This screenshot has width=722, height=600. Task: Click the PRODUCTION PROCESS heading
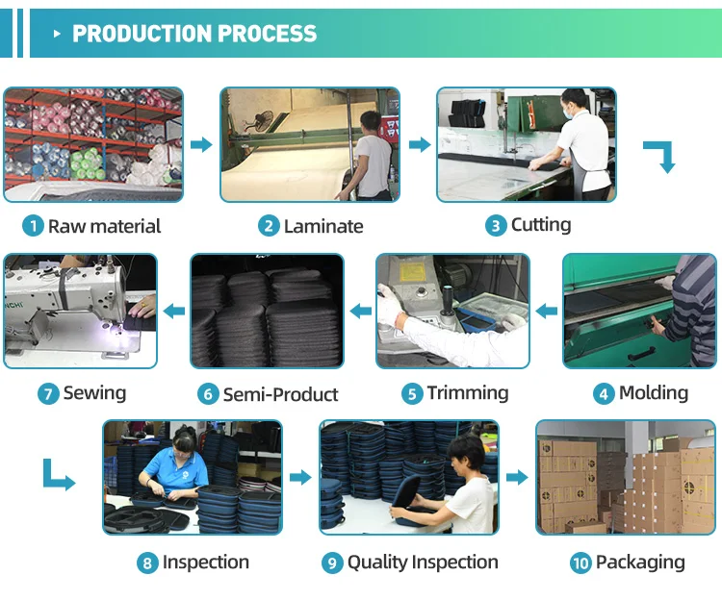(x=194, y=34)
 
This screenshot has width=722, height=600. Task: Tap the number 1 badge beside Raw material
(x=33, y=227)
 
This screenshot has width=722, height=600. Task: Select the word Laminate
(x=323, y=227)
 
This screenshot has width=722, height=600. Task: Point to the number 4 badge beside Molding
(x=605, y=393)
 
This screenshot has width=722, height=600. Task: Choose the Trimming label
(x=468, y=393)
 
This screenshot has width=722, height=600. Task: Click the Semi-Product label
(x=280, y=394)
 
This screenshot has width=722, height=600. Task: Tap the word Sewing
(x=94, y=393)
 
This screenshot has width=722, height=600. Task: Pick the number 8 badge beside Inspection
(x=147, y=563)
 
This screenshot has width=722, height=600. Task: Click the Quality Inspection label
(x=423, y=562)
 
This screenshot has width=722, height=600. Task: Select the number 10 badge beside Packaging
(x=580, y=563)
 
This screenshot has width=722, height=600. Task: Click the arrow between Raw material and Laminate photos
(x=200, y=145)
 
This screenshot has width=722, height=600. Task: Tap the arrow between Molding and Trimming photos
(x=547, y=311)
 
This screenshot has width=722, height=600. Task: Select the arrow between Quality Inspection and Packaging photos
(x=517, y=478)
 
